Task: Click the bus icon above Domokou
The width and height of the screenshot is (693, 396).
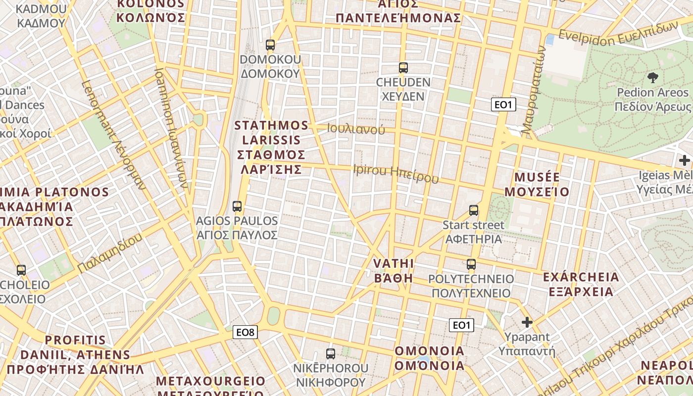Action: pos(270,45)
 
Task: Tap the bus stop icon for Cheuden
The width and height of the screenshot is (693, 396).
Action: pos(403,68)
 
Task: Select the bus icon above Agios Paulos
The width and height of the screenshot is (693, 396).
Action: pos(237,206)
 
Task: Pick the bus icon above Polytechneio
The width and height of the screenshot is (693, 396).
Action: pos(471,264)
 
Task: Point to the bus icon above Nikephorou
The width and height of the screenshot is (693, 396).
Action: pos(331,354)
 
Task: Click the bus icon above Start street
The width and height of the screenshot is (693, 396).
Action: pos(474,210)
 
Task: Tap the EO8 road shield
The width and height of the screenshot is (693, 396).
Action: pos(246,332)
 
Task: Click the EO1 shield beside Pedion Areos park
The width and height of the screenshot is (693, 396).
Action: pos(504,104)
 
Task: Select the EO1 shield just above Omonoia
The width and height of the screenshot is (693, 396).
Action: pos(461,325)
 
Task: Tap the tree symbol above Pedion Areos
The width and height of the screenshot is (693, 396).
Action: pos(653,77)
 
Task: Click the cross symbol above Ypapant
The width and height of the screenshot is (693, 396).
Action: pos(527,322)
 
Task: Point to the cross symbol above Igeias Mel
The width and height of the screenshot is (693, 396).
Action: pos(685,160)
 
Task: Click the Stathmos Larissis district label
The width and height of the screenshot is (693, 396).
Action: pos(271,147)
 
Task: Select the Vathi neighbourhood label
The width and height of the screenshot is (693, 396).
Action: pos(394,270)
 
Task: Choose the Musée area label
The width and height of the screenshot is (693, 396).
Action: pos(542,184)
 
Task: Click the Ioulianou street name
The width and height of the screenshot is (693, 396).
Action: pos(356,129)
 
